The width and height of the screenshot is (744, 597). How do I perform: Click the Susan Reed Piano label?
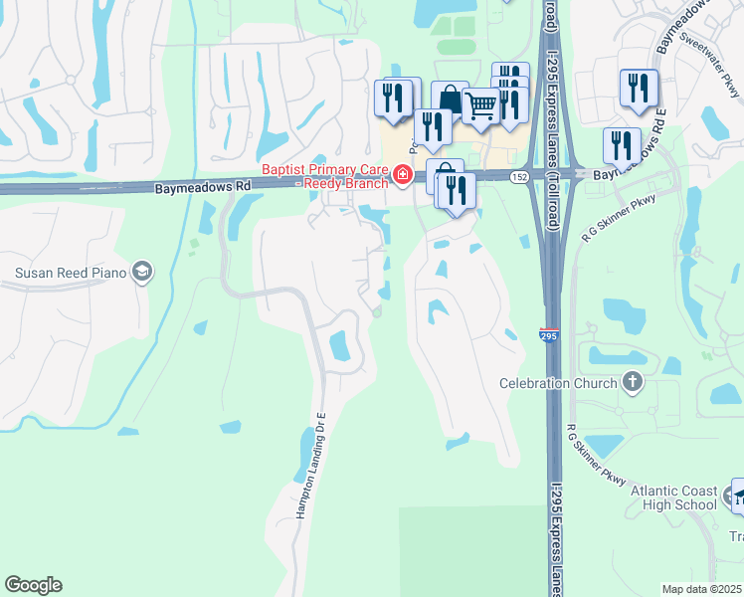(x=71, y=272)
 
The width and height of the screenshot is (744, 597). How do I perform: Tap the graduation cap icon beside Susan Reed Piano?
(x=142, y=272)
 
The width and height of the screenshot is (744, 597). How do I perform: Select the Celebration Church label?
(x=557, y=382)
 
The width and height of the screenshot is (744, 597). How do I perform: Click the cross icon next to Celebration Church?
(x=631, y=381)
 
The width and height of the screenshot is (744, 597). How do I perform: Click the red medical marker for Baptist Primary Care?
(x=402, y=176)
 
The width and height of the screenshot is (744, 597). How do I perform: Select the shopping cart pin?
(x=481, y=104)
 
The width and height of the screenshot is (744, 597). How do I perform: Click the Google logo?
(x=32, y=585)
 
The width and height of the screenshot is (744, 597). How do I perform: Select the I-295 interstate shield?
(x=549, y=336)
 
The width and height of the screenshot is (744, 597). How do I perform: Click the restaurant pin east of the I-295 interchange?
(x=623, y=144)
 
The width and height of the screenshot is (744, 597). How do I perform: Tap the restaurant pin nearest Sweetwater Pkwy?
(x=637, y=87)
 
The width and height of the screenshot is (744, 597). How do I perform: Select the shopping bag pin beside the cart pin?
(x=450, y=99)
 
